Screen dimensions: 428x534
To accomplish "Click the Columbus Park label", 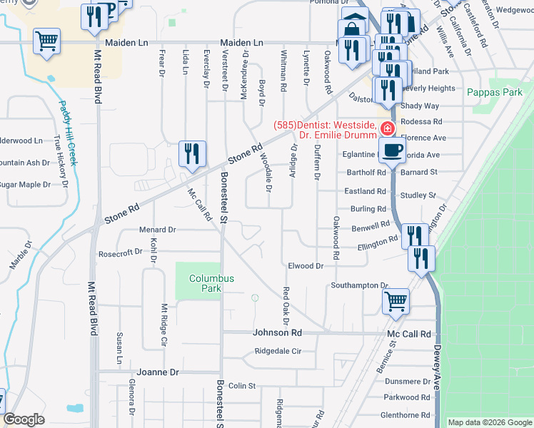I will [x=206, y=283].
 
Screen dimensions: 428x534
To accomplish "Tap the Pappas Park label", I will [x=495, y=93].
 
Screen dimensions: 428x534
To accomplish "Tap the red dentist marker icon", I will [x=387, y=128].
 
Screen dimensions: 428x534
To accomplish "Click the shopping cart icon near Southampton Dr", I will [x=395, y=300].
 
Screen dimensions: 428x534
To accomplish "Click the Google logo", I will [x=24, y=419].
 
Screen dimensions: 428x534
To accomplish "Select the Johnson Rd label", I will [x=278, y=333].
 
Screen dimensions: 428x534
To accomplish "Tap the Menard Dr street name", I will [x=157, y=230].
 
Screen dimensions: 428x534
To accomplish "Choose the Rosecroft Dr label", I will [x=121, y=253].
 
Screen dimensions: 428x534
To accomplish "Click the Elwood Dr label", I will [x=306, y=265].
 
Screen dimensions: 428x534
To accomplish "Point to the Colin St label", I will [x=242, y=386].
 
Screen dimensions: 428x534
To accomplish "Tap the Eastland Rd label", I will [x=365, y=191].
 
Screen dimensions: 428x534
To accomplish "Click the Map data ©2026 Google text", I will [x=488, y=422].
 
